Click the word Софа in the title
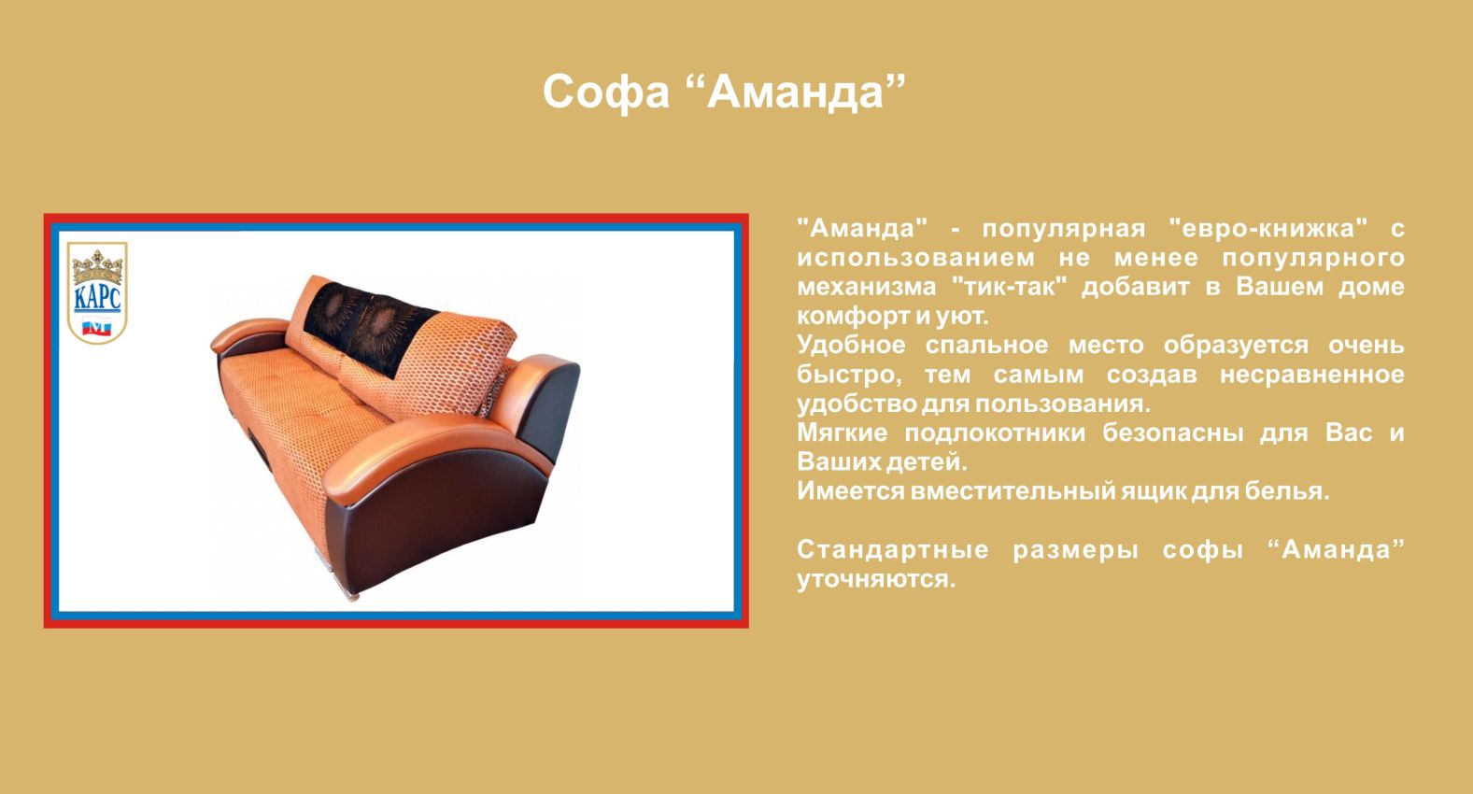pyautogui.click(x=605, y=93)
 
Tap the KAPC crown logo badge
pyautogui.click(x=97, y=292)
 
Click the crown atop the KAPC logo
pyautogui.click(x=97, y=265)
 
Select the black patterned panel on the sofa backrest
pyautogui.click(x=368, y=327)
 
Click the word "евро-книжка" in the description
pyautogui.click(x=1268, y=228)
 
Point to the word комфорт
pyautogui.click(x=854, y=317)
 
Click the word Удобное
pyautogui.click(x=851, y=345)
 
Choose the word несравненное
pyautogui.click(x=1312, y=375)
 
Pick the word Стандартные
pyautogui.click(x=893, y=549)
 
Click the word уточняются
pyautogui.click(x=876, y=579)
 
